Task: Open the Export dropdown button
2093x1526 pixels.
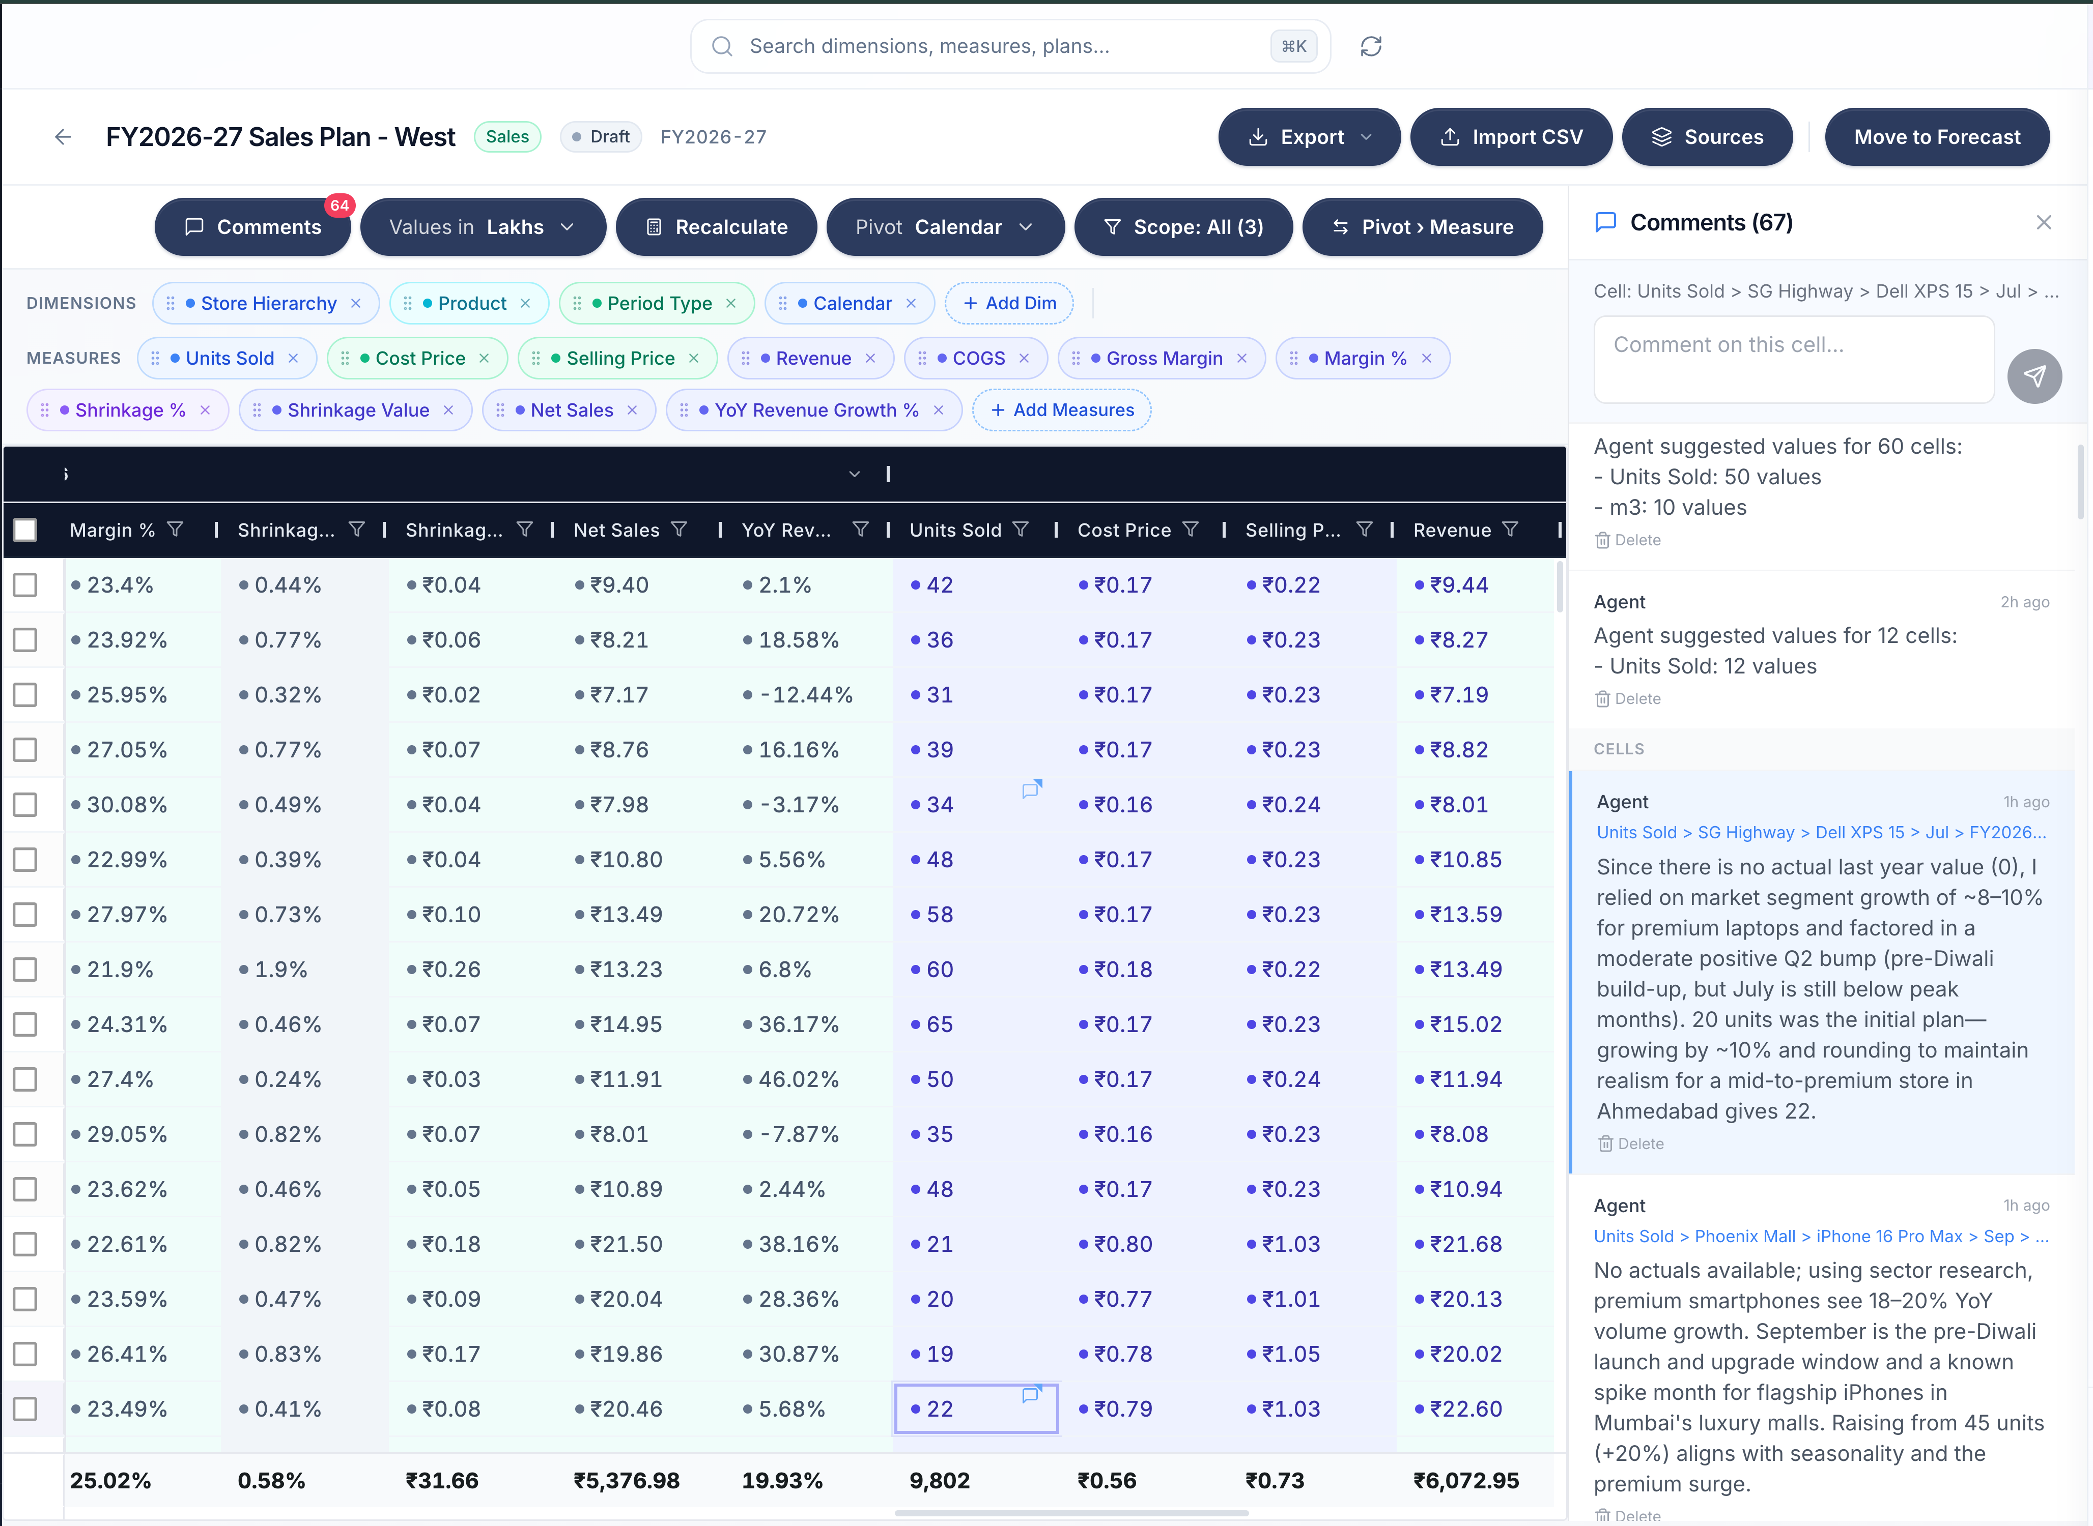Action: click(x=1309, y=137)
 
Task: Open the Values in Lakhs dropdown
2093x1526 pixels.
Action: click(x=483, y=227)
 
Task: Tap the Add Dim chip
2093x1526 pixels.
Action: click(x=1008, y=303)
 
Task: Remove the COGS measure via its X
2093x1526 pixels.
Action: click(x=1024, y=359)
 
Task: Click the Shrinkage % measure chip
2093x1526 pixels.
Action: click(x=129, y=410)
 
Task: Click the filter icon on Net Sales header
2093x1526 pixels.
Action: click(x=679, y=530)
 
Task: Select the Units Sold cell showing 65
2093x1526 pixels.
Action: click(x=939, y=1024)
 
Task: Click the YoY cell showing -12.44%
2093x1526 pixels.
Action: click(x=805, y=695)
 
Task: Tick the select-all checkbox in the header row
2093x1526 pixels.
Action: click(x=25, y=530)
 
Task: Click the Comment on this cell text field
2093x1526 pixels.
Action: click(x=1793, y=359)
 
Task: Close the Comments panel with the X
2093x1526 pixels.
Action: click(x=2043, y=223)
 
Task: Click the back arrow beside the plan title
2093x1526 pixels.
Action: click(x=63, y=137)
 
